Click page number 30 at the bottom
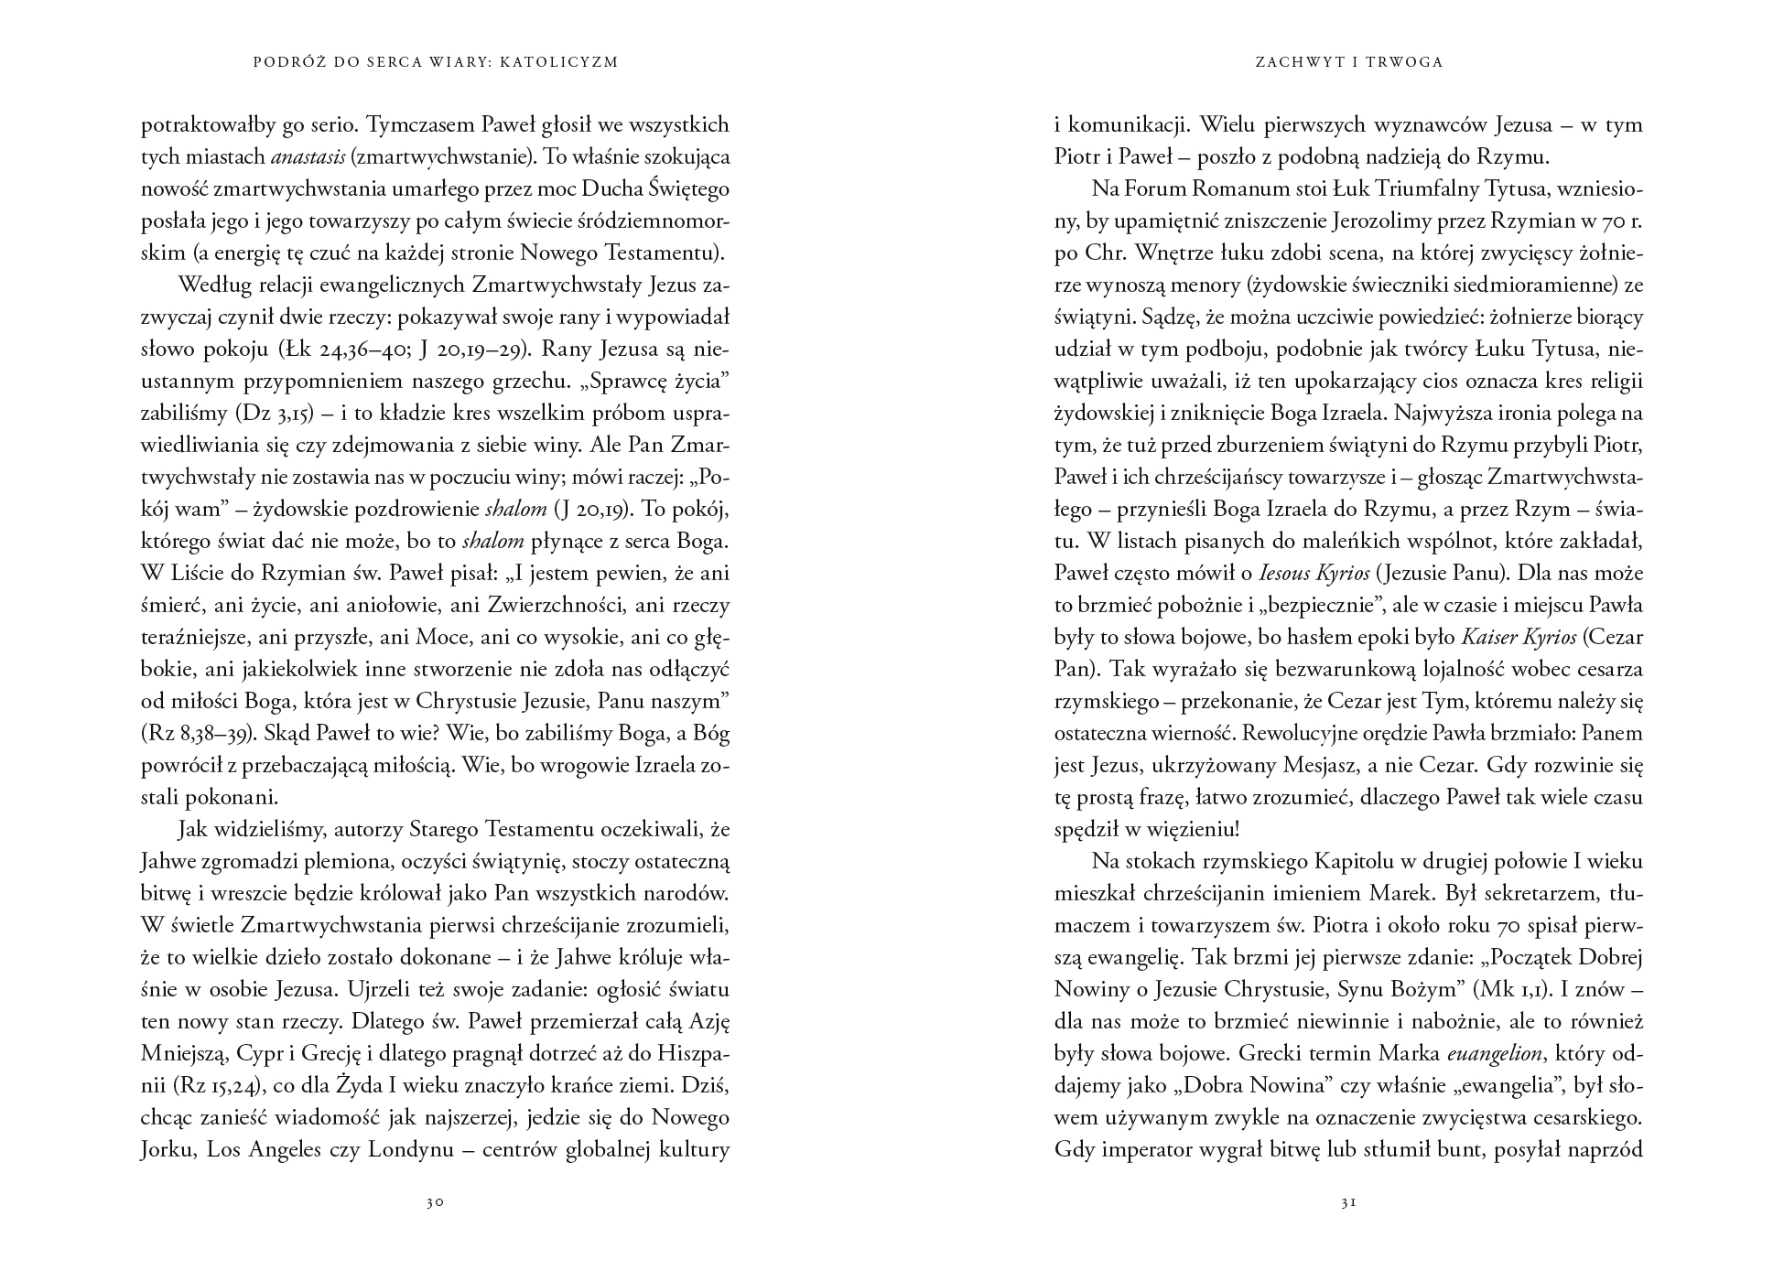click(x=434, y=1202)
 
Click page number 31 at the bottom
click(x=1347, y=1202)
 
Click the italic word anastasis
click(x=308, y=156)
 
